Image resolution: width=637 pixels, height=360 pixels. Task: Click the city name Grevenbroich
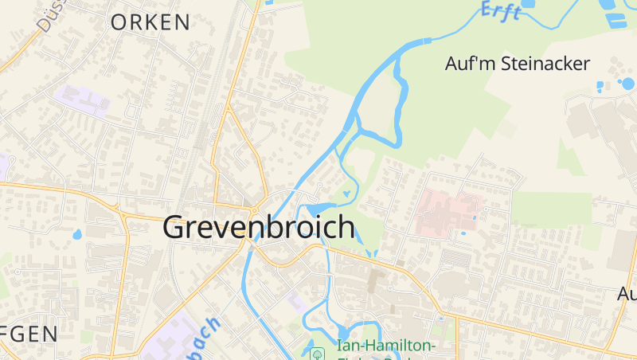[x=259, y=227]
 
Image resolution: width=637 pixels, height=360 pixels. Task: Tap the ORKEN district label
[x=150, y=22]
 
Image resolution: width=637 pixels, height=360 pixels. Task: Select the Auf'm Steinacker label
[x=517, y=65]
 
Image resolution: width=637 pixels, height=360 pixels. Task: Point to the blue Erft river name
[x=502, y=10]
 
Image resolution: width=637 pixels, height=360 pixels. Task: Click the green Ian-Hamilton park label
[x=386, y=346]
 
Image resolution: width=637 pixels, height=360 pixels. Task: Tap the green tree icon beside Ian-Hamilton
[x=317, y=352]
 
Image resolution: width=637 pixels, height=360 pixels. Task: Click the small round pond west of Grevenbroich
[x=77, y=235]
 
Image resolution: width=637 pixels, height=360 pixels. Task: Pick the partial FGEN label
[x=29, y=334]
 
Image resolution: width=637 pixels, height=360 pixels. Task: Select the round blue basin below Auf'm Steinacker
[x=627, y=84]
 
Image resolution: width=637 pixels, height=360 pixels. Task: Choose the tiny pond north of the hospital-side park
[x=346, y=194]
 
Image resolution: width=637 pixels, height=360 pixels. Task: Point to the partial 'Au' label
[x=627, y=294]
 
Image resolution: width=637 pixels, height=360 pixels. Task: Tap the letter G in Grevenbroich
[x=175, y=227]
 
